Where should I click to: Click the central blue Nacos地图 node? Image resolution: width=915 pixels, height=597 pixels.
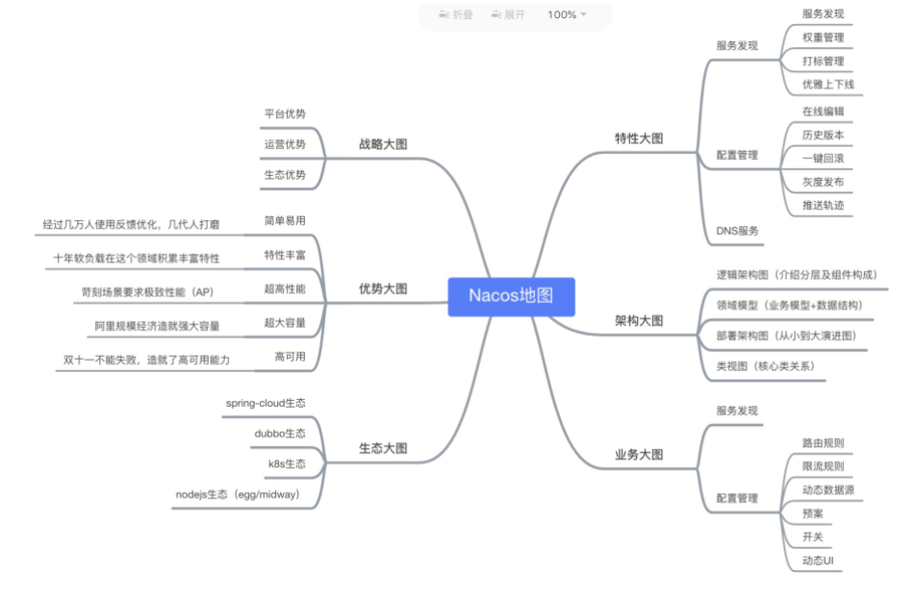[511, 296]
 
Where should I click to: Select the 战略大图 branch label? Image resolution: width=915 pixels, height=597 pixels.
[383, 144]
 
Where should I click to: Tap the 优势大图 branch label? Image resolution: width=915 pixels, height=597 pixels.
[383, 288]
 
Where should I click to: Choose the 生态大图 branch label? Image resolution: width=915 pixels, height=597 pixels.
[383, 448]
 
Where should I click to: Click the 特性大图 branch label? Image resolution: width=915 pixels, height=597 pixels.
[639, 138]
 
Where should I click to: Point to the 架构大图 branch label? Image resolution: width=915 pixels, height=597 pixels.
[639, 321]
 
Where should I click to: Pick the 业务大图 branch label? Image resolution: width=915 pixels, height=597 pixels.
[639, 455]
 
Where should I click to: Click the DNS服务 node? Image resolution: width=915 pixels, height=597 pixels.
[737, 231]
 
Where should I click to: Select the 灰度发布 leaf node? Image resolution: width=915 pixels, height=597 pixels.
[823, 182]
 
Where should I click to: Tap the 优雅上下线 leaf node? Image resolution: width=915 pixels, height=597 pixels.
[827, 85]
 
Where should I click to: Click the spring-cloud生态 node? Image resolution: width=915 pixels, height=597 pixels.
[266, 403]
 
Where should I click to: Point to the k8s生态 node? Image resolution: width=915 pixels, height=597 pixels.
[287, 464]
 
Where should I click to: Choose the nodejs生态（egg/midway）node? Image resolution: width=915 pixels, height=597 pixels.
[238, 495]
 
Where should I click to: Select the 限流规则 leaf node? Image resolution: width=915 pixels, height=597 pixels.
[823, 466]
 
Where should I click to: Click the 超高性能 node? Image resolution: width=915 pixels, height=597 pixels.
[285, 288]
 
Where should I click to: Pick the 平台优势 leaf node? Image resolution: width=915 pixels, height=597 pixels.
[285, 113]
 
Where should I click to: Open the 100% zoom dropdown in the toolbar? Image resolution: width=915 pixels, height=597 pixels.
[567, 14]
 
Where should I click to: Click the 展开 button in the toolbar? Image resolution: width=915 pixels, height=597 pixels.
[508, 14]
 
